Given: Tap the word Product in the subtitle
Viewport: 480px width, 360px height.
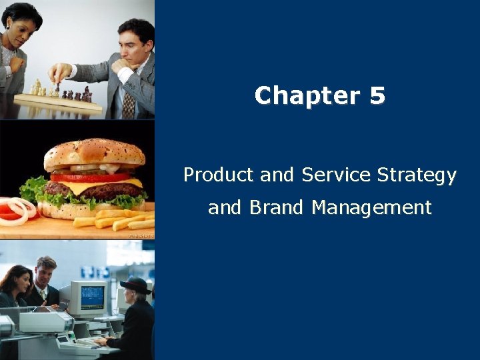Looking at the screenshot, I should point(219,175).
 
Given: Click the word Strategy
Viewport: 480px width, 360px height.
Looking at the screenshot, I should point(417,176).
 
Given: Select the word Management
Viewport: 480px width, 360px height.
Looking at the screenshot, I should point(371,209).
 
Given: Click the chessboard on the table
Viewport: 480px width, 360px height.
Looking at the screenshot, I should point(60,101).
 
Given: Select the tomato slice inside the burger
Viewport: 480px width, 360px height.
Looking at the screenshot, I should point(87,177).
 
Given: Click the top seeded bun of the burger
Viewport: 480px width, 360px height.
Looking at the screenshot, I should point(93,153).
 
